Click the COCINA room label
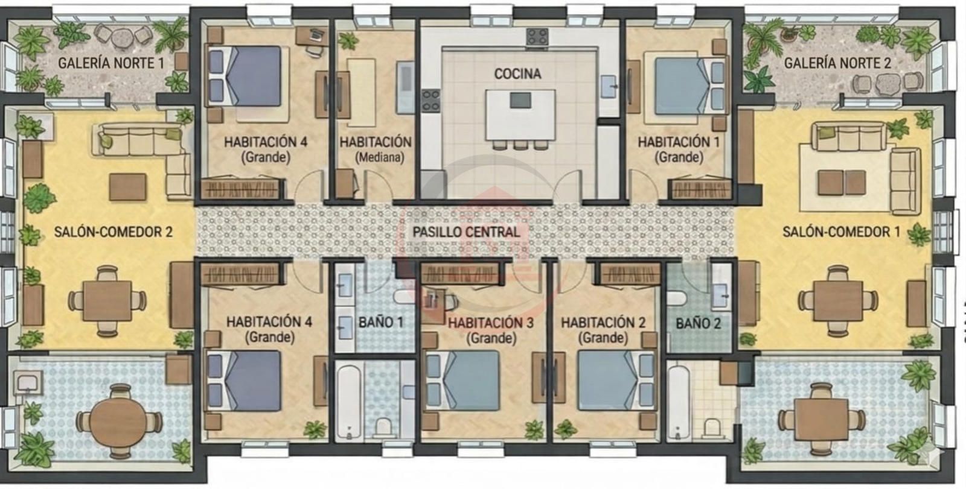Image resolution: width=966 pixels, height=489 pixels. click(x=517, y=74)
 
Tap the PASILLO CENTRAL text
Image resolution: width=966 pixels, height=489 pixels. click(x=466, y=232)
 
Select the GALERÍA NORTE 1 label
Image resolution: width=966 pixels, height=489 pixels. click(x=111, y=63)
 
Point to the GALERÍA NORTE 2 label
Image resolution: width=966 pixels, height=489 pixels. click(x=837, y=63)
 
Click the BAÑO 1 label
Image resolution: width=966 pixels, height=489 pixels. click(x=381, y=322)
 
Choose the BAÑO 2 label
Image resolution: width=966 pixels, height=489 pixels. click(x=698, y=324)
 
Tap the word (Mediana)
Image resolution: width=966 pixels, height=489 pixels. click(x=380, y=158)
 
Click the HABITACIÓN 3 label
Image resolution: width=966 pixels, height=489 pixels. click(x=491, y=323)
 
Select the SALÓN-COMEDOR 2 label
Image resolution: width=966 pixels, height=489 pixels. click(x=114, y=232)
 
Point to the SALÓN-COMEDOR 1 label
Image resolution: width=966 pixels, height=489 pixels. click(x=842, y=232)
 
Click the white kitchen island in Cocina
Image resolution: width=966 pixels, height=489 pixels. click(x=520, y=115)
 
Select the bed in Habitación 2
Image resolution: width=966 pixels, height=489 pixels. click(x=616, y=380)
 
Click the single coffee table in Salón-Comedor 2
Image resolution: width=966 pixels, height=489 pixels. click(x=127, y=187)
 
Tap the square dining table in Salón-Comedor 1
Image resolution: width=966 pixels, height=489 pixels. click(x=837, y=301)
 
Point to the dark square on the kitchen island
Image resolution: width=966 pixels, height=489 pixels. click(x=520, y=100)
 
